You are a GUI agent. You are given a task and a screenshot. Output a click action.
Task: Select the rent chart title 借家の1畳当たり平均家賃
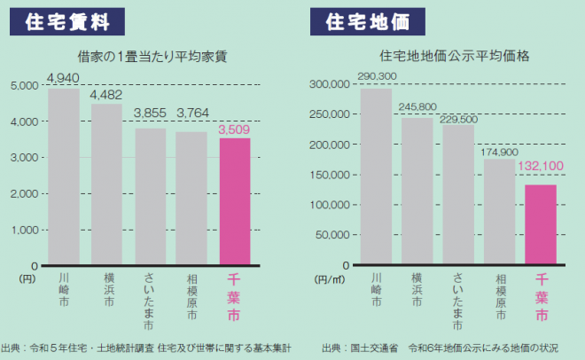click(x=152, y=56)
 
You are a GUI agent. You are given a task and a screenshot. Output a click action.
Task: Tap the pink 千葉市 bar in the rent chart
click(x=234, y=202)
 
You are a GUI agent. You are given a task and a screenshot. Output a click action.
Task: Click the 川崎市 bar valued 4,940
click(x=64, y=177)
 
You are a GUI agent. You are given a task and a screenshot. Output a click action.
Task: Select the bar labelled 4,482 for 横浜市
click(x=106, y=184)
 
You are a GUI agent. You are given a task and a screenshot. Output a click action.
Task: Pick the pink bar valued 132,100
click(x=541, y=225)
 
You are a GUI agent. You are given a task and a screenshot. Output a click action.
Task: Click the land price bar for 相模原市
click(x=499, y=212)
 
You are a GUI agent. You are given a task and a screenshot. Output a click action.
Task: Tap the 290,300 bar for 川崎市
click(x=376, y=177)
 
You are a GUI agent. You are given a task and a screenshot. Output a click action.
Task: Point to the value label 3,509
click(x=234, y=129)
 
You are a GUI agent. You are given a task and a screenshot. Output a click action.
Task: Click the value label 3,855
click(x=150, y=113)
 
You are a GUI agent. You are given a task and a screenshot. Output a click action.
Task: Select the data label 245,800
click(x=417, y=107)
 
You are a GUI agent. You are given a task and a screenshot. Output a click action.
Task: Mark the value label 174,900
click(x=499, y=150)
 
